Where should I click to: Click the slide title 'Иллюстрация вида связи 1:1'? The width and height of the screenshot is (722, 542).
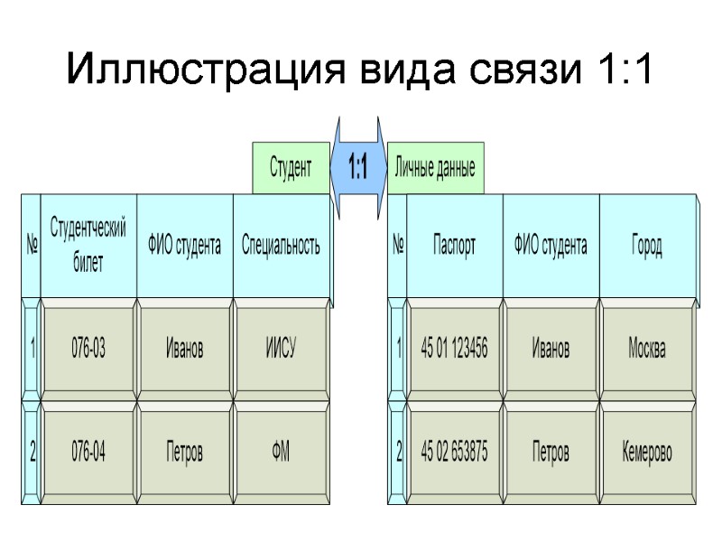click(x=360, y=70)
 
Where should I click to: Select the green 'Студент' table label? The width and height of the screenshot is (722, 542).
click(x=291, y=168)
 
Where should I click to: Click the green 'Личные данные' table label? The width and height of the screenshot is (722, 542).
click(x=435, y=168)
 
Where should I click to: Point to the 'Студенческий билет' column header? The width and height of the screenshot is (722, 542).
click(x=88, y=245)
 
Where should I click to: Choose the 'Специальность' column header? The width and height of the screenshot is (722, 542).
click(x=281, y=245)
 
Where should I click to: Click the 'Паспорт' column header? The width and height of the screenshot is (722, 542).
click(x=454, y=245)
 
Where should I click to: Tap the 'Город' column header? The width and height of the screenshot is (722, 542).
click(x=646, y=245)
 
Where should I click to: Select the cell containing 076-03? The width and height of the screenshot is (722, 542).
click(x=88, y=349)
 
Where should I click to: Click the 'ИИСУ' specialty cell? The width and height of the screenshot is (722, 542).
click(x=281, y=349)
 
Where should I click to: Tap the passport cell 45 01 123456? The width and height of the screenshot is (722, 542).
click(x=454, y=349)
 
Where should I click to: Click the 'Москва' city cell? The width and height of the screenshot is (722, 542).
click(x=646, y=349)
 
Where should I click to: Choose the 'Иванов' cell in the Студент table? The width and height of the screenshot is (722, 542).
click(x=185, y=349)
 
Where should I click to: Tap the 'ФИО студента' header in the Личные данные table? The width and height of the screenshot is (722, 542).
click(x=551, y=245)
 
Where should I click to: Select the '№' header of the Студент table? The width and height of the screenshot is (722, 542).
click(x=32, y=245)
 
